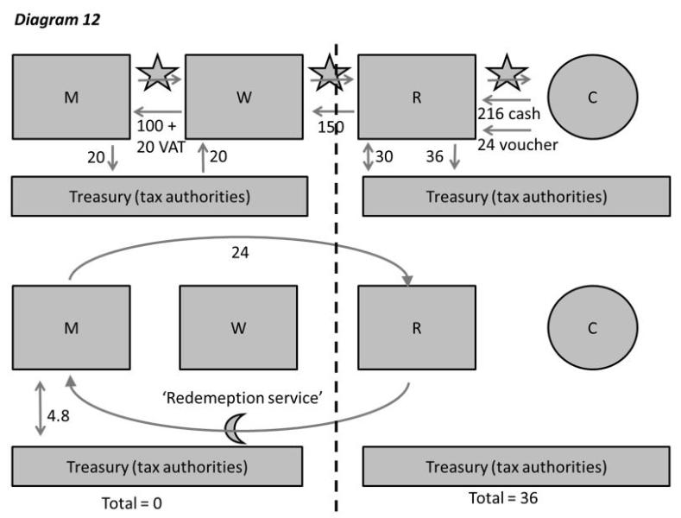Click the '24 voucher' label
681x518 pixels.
point(518,144)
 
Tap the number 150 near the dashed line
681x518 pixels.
point(330,127)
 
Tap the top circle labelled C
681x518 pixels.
point(592,97)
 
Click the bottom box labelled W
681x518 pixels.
point(237,329)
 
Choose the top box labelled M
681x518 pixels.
point(71,97)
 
